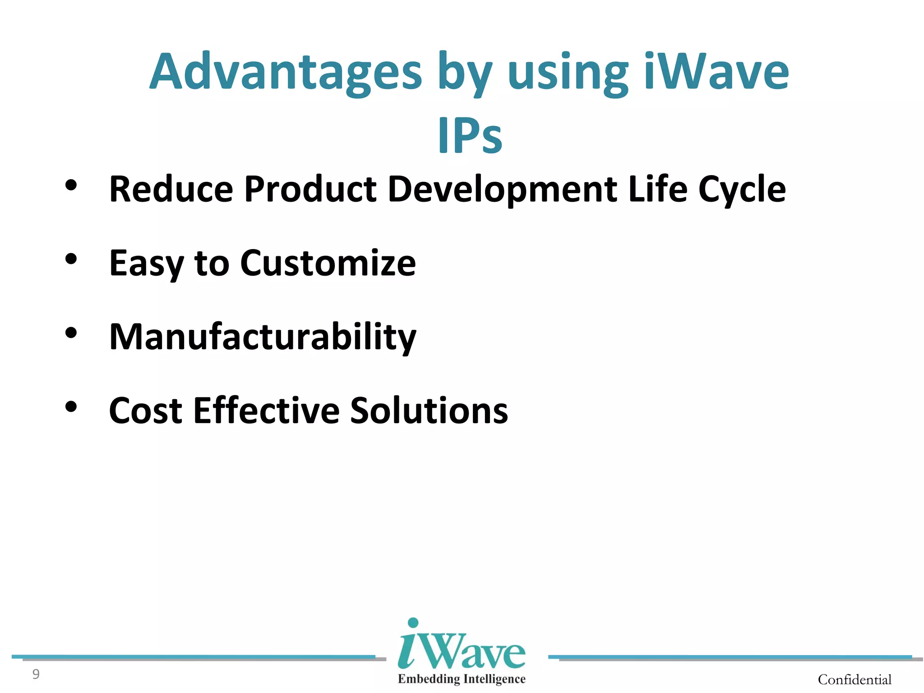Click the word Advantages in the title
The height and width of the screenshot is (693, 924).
[286, 72]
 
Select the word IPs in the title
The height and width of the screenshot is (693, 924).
[470, 135]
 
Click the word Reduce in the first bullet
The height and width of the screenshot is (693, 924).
[171, 189]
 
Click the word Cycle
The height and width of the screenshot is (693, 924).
[742, 190]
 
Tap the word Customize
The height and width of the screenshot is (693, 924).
[328, 263]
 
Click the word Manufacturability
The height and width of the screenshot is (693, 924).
[263, 337]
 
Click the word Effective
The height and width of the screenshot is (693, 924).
[266, 411]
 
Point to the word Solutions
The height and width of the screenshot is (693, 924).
[429, 411]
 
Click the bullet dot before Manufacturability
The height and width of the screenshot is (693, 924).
[71, 333]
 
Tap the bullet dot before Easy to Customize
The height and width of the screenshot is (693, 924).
[71, 259]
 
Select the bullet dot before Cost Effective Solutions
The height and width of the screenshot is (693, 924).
[71, 407]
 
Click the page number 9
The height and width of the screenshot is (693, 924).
[36, 674]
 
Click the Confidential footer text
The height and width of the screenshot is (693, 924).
[855, 679]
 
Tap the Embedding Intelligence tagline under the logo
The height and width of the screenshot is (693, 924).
[461, 679]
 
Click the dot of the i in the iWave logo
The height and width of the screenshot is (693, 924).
[413, 623]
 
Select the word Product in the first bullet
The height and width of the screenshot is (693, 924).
[310, 189]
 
